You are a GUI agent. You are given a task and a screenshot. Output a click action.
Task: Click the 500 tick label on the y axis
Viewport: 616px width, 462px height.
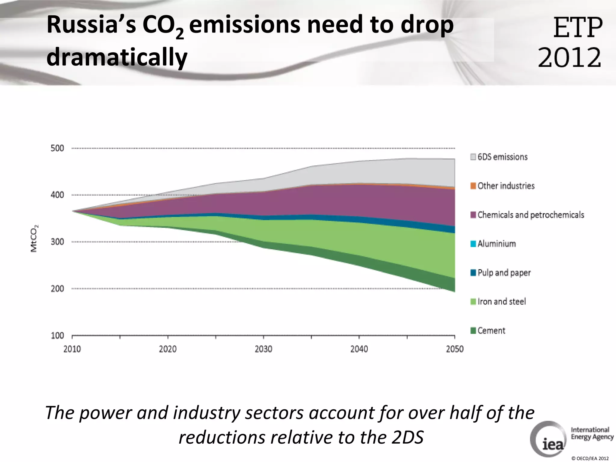coord(57,148)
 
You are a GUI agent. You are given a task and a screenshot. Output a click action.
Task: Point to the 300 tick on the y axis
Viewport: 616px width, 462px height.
coord(57,242)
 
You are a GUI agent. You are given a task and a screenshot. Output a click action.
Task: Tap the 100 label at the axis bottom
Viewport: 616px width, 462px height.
coord(57,336)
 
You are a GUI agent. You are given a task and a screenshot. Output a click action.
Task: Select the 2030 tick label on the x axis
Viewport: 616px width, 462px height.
coord(263,349)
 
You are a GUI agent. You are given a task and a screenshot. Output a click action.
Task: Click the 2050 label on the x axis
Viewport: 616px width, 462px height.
coord(454,349)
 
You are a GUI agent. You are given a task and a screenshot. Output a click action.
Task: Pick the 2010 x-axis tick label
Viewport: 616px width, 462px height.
coord(72,349)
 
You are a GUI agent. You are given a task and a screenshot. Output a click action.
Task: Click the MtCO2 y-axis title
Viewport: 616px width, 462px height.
coord(34,239)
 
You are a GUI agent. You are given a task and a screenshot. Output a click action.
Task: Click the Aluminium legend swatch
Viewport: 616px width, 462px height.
coord(473,244)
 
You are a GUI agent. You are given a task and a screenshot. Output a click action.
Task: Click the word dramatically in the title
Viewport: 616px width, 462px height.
coord(117,57)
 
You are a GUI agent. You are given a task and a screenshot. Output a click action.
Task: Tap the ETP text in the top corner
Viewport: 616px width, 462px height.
coord(577,28)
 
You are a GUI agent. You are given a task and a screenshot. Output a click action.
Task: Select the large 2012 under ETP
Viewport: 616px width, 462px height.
coord(569,58)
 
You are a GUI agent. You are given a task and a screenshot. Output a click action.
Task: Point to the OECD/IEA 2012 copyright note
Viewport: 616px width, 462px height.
coord(590,458)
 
